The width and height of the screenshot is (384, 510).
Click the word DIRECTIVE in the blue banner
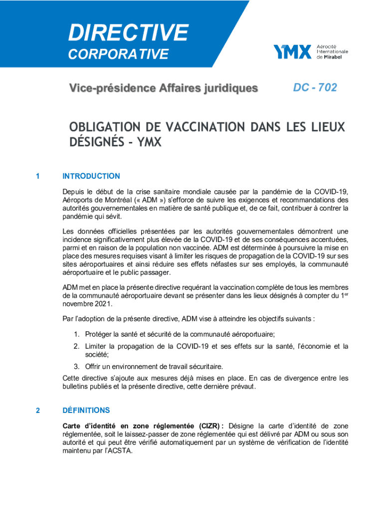[x=128, y=33]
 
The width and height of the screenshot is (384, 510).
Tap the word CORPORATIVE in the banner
[x=118, y=54]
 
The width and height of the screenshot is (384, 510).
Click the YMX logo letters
[x=292, y=52]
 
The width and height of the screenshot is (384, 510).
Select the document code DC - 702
[x=315, y=88]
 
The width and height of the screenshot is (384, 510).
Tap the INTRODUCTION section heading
[x=91, y=176]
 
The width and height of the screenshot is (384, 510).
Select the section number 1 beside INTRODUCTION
[x=38, y=176]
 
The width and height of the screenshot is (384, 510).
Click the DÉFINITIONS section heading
[x=86, y=410]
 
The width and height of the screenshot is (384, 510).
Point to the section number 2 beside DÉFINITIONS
[x=38, y=410]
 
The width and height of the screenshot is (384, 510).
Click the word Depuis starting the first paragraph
[x=74, y=191]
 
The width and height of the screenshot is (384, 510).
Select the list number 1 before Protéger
[x=76, y=334]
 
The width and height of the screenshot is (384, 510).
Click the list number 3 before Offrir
[x=76, y=367]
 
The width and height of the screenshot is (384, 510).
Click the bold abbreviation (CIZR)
[x=211, y=426]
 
